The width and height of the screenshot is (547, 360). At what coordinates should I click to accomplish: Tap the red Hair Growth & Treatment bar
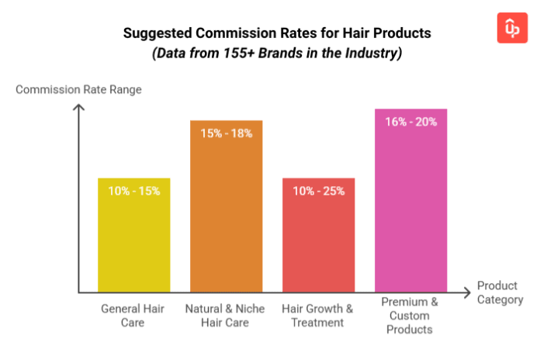click(x=318, y=241)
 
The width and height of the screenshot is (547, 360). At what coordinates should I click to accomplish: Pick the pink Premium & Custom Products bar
click(x=410, y=206)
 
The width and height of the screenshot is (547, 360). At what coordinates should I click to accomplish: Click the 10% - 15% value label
click(x=133, y=191)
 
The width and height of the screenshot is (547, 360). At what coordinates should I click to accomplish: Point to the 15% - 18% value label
click(x=227, y=133)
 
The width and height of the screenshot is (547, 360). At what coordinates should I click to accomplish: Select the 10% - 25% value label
click(x=318, y=191)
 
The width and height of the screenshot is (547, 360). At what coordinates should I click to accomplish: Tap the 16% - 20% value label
click(x=410, y=121)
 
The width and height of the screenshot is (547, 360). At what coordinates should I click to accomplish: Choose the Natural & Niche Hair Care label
click(x=227, y=315)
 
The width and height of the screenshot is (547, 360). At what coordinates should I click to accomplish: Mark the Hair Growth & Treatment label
click(x=317, y=315)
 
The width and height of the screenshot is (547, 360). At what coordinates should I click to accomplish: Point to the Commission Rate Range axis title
click(x=78, y=89)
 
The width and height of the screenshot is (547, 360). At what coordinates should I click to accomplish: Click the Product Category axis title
click(x=500, y=292)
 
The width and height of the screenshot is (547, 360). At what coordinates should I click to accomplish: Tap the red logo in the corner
click(x=512, y=28)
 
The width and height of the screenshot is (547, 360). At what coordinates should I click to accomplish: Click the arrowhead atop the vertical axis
click(x=78, y=106)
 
